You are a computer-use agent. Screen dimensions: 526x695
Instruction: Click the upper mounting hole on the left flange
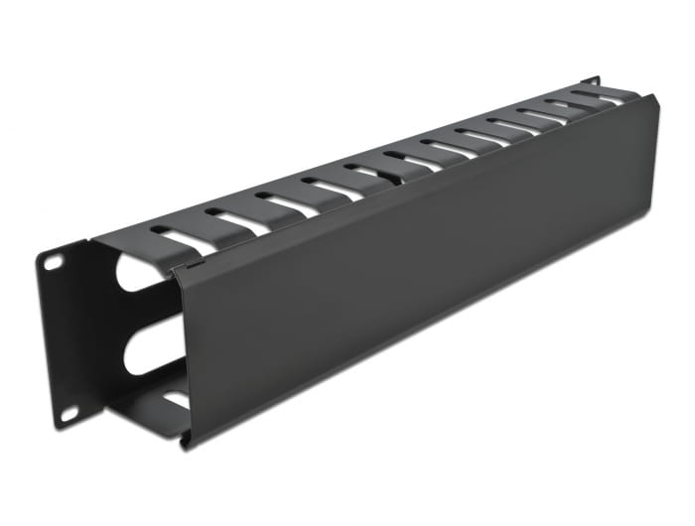[x=54, y=262]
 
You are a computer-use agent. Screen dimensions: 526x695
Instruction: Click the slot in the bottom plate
[x=177, y=399]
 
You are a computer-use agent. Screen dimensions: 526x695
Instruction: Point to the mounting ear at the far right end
[x=592, y=78]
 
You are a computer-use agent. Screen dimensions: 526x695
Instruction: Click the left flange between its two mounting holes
[x=62, y=337]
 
